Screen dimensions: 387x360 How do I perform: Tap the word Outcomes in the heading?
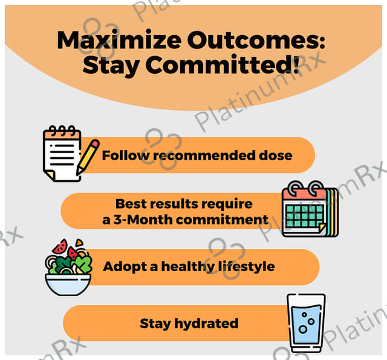[x=256, y=40]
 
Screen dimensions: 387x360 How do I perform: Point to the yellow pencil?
[x=88, y=157]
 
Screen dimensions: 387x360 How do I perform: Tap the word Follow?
[x=126, y=155]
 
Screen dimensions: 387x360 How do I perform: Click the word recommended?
[x=204, y=156]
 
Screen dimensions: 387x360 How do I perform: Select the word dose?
[x=276, y=155]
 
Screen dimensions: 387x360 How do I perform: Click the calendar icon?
[x=310, y=209]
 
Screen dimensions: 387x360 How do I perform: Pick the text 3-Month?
[x=143, y=219]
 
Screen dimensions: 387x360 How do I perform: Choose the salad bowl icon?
[x=68, y=267]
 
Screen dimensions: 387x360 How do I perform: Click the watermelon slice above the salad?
[x=60, y=246]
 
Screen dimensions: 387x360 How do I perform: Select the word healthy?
[x=188, y=267]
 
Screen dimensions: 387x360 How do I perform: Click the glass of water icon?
[x=306, y=323]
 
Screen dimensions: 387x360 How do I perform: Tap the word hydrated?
[x=206, y=324]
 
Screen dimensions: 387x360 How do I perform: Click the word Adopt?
[x=125, y=267]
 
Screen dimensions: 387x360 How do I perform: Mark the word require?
[x=227, y=204]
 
